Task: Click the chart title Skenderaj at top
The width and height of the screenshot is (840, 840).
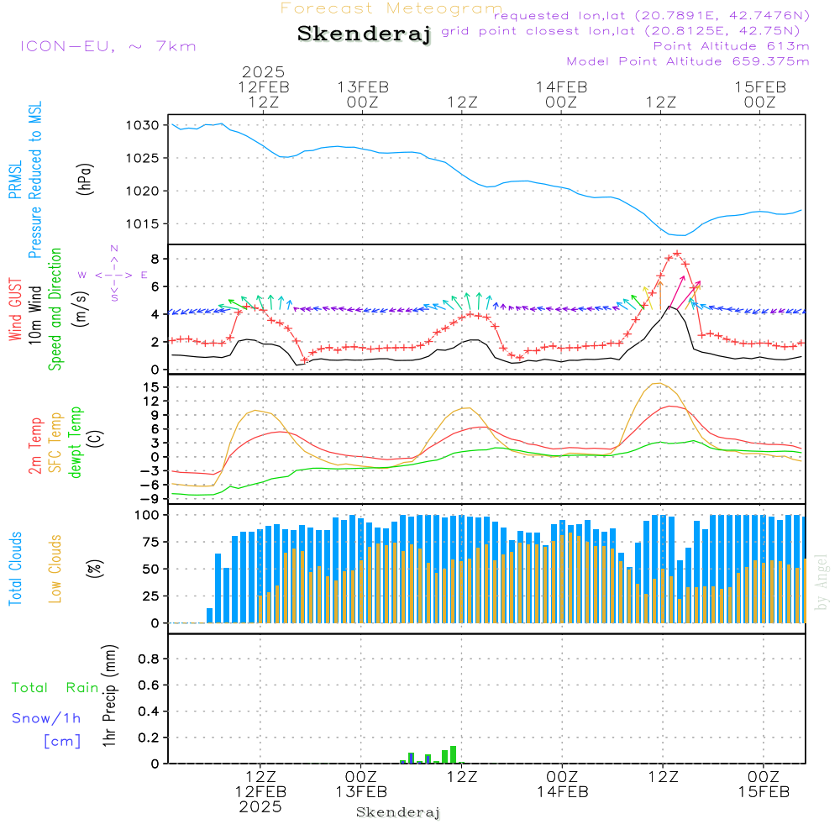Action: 364,34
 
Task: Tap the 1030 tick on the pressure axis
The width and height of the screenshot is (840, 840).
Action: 143,125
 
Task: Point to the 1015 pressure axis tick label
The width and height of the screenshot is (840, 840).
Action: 143,224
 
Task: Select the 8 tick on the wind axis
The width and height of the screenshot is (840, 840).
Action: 155,259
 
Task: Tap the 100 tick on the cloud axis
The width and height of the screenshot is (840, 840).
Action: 147,515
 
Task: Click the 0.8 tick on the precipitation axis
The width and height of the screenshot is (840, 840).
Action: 149,659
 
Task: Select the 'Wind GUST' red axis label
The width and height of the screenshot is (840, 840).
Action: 15,309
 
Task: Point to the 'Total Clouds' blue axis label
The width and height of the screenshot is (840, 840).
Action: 15,569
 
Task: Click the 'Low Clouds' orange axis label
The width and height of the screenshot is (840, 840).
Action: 55,569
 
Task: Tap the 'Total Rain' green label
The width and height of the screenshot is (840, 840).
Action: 55,687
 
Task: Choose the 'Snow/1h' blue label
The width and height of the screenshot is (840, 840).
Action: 46,718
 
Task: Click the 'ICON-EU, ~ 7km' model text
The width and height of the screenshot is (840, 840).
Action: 108,46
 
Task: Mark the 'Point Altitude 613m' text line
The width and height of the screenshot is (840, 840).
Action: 732,46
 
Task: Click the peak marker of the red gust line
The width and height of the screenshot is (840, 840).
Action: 677,254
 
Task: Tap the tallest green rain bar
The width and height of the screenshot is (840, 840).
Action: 454,754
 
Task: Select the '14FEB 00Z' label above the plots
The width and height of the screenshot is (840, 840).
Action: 561,94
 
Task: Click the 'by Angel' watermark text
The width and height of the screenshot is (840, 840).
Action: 821,582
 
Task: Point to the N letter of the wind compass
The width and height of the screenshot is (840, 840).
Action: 114,249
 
